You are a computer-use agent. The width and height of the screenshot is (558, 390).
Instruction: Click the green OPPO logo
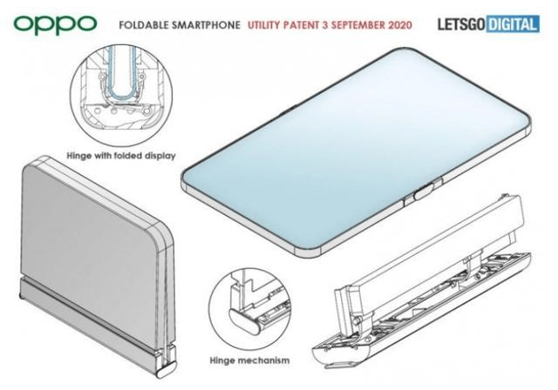[55, 24]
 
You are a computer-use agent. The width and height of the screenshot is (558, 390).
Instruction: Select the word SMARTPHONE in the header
[206, 25]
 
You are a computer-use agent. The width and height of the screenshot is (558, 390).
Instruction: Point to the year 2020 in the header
[400, 25]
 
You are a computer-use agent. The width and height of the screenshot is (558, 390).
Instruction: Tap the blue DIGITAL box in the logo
[513, 24]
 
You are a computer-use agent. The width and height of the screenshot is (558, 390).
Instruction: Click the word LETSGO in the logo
[461, 24]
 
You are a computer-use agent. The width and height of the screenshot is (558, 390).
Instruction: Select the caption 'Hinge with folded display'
[121, 156]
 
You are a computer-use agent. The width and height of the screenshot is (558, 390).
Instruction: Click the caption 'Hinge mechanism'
[249, 360]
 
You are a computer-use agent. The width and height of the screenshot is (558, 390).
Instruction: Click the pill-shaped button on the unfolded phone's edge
[423, 192]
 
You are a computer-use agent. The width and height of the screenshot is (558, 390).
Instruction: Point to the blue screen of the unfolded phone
[356, 149]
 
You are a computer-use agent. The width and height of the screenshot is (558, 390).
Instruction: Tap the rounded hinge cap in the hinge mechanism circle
[247, 322]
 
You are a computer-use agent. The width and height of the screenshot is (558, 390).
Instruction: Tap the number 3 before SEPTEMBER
[325, 25]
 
